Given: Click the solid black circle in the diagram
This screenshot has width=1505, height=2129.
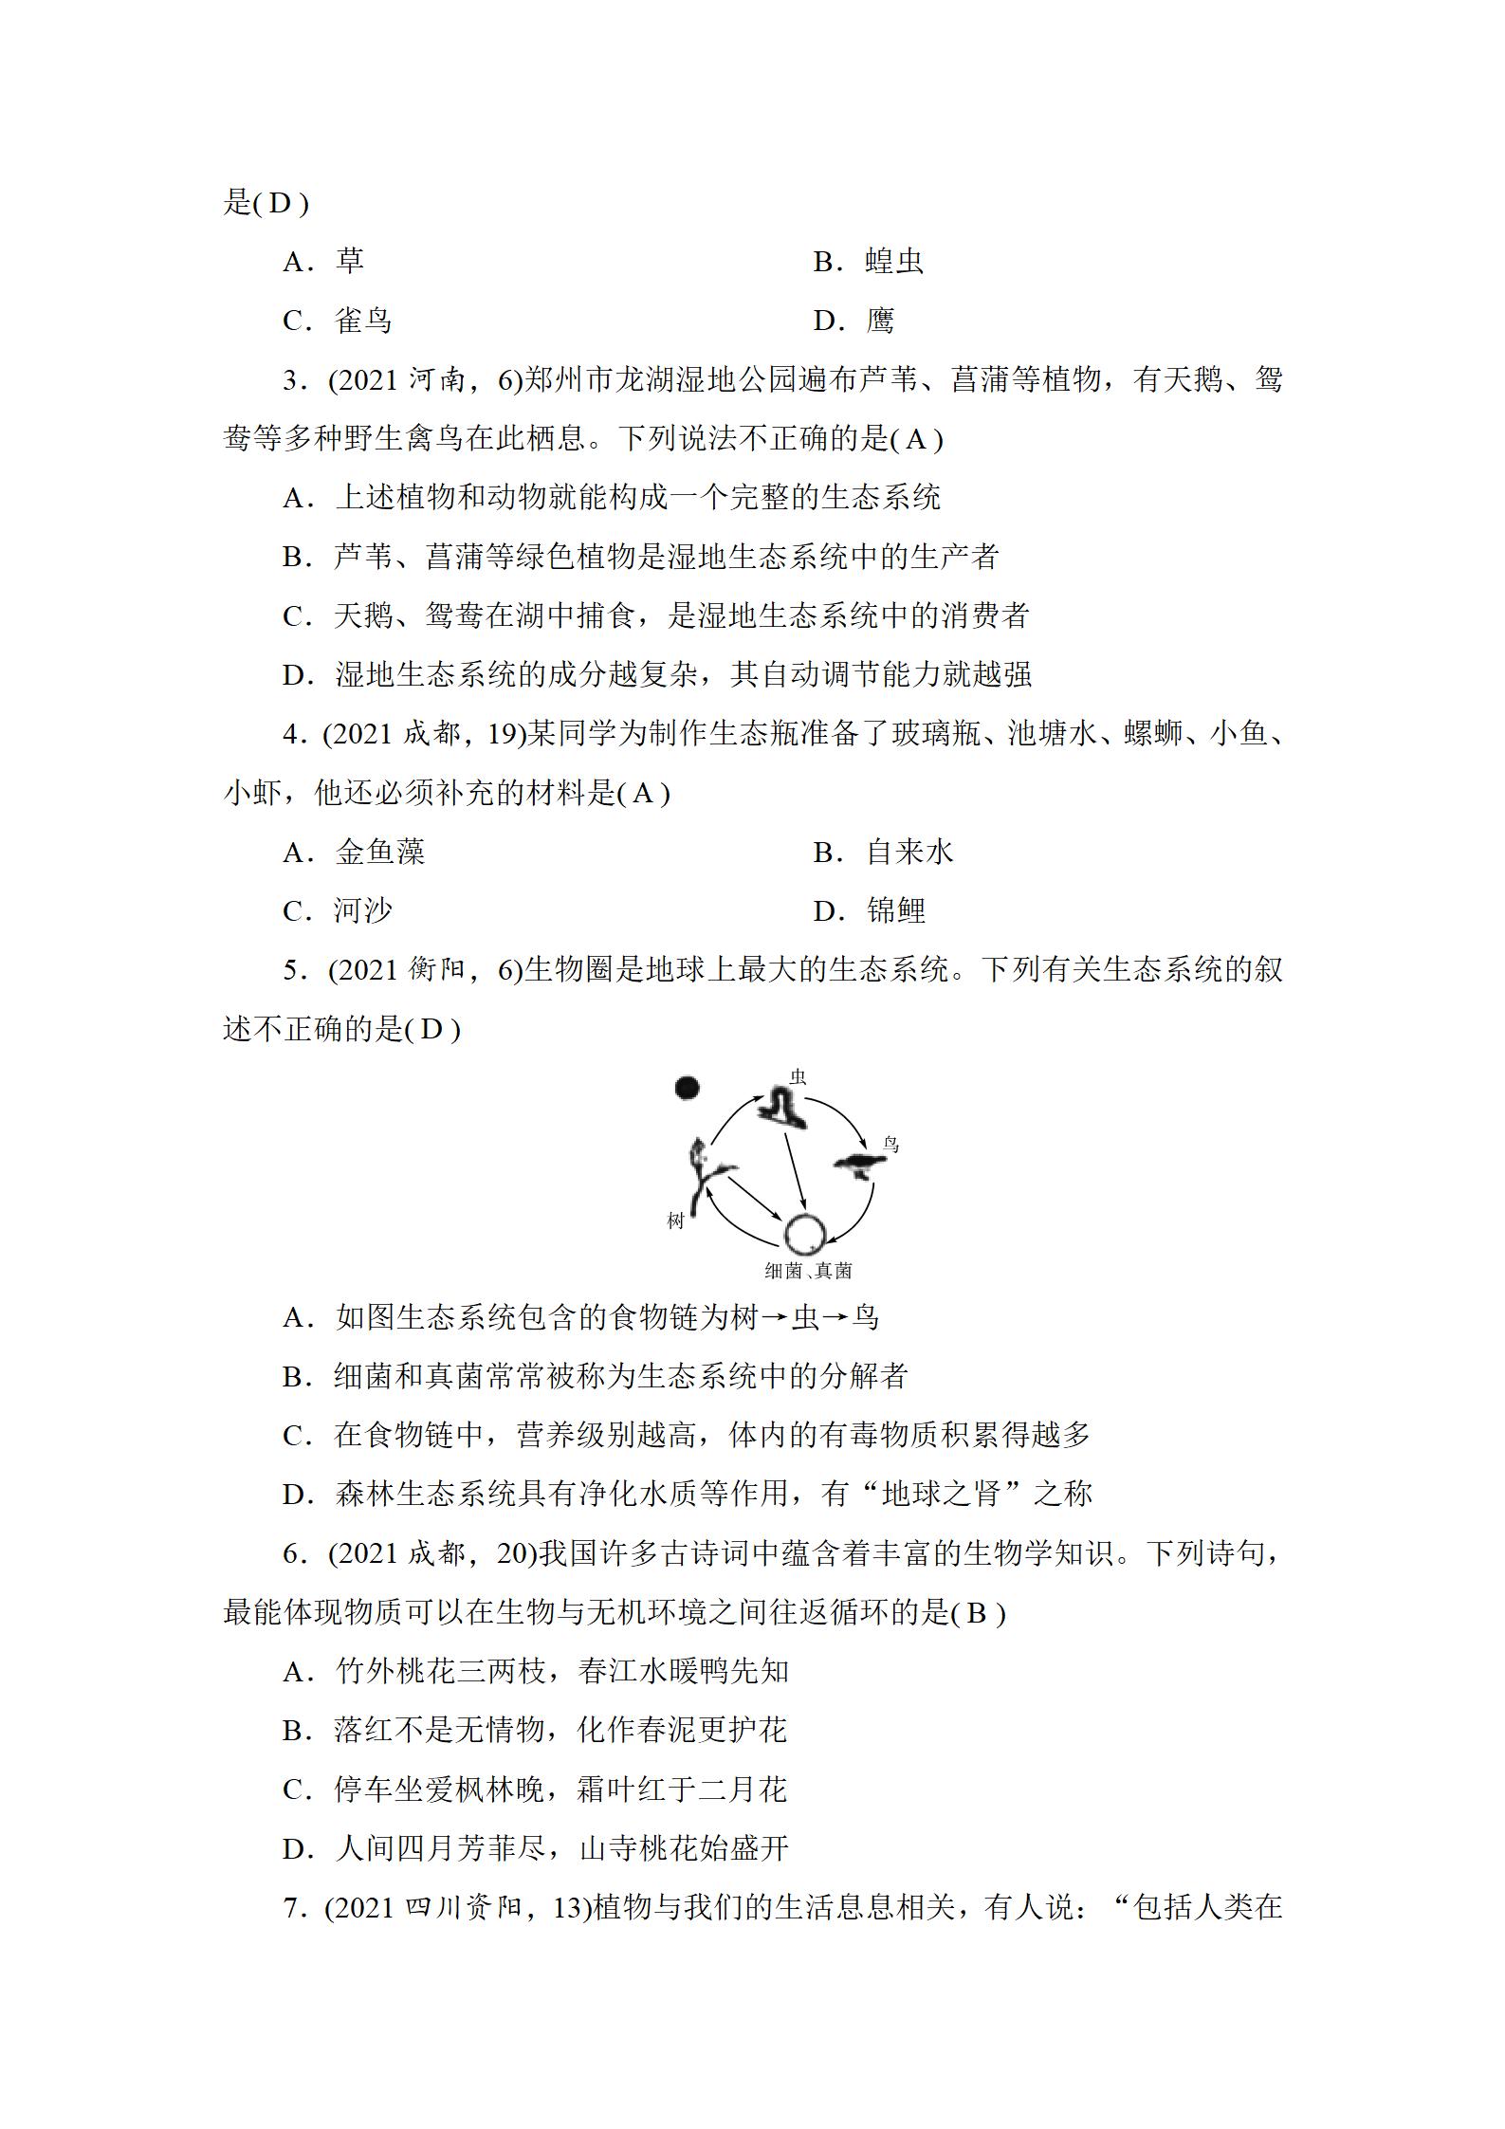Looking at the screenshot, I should point(688,1088).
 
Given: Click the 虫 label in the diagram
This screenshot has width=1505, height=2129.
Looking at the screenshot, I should point(798,1076).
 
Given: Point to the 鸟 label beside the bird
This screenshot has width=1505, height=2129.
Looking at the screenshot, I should point(890,1145).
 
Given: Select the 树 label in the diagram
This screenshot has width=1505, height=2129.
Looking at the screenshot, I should point(675,1221).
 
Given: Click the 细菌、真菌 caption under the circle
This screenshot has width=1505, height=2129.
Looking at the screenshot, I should point(808,1271).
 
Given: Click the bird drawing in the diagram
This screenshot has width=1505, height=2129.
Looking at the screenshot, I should point(860,1165).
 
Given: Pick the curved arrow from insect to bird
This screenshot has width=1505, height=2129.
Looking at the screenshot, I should point(844,1114).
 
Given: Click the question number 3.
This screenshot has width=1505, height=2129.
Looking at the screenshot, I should point(292,380).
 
